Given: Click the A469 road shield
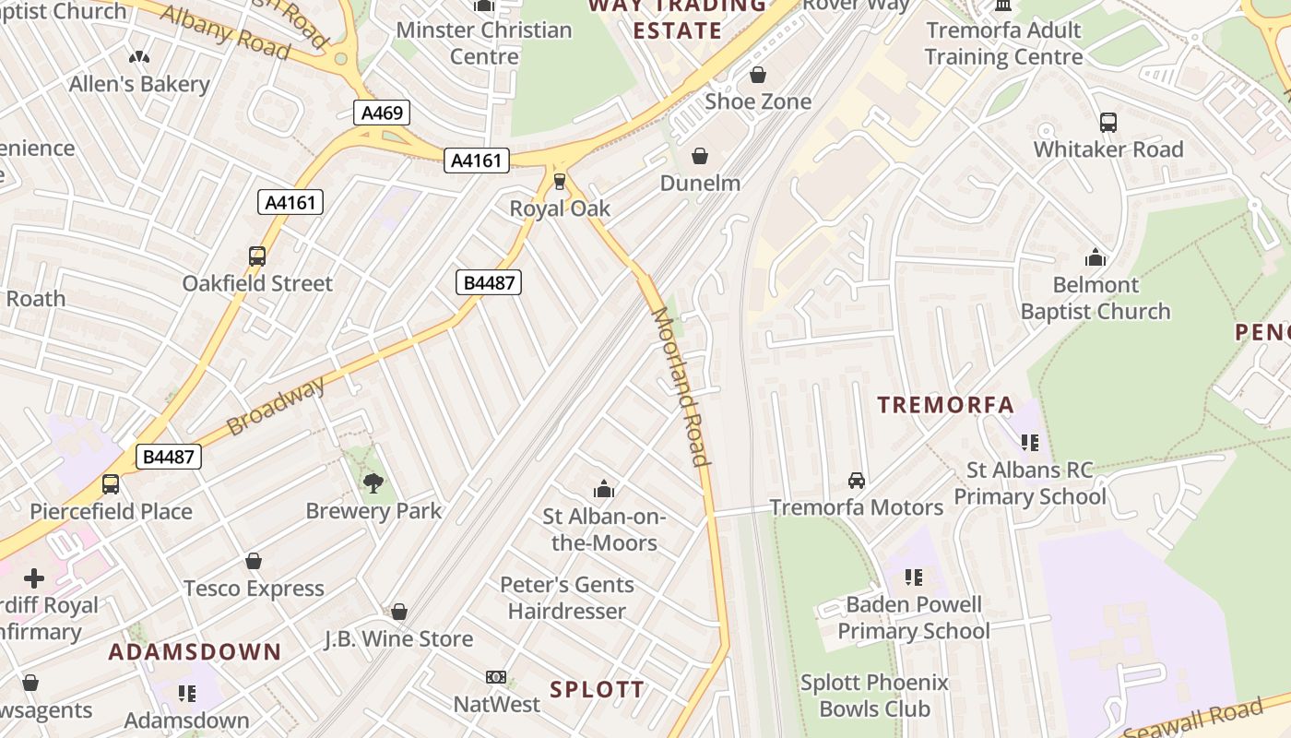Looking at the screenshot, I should pos(382,113).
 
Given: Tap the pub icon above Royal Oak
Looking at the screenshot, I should pos(560,181).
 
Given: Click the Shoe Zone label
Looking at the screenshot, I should pos(758,101).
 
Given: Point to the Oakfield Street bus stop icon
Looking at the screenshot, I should pos(257,256).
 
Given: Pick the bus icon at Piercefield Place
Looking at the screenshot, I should pos(111,483).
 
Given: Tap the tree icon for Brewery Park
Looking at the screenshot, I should pos(373,482).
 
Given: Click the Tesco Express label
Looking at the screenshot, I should pos(254,589).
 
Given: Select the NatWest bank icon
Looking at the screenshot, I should pos(496,677).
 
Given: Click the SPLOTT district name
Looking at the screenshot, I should pos(598,689).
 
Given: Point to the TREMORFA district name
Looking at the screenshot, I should pos(945,405).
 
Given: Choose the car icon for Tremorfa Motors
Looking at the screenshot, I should pos(857,481).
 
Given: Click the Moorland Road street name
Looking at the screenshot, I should pos(681,387).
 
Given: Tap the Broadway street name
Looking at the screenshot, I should pos(276,406).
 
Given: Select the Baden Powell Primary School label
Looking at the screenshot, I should pos(914,618).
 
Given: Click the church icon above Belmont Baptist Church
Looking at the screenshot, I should pos(1096,257).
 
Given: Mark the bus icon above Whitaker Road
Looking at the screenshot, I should pos(1108,122).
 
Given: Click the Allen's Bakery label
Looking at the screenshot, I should pos(139,84).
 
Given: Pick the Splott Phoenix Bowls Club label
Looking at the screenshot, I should pos(874,696).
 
